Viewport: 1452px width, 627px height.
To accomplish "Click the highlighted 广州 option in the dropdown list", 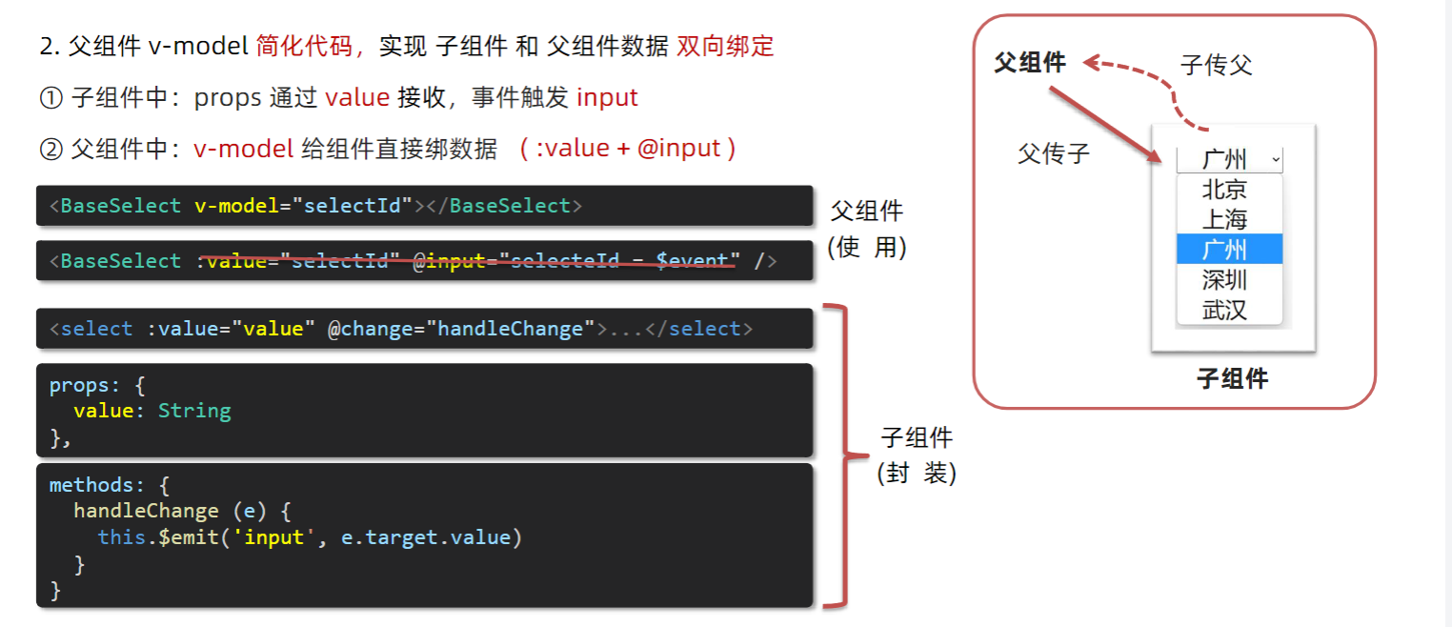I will (1229, 250).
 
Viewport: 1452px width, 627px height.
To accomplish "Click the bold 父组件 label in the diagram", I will (1030, 63).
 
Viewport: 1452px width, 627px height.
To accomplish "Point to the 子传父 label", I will (1216, 65).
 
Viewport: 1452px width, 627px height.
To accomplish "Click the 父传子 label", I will (1053, 153).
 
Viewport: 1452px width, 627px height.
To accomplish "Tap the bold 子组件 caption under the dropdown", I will (1232, 378).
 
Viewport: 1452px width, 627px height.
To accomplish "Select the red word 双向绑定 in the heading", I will (725, 46).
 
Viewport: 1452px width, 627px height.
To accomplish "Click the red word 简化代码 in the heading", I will (304, 46).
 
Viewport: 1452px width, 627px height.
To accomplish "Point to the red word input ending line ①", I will (607, 97).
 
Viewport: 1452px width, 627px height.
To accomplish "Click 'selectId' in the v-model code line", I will (352, 206).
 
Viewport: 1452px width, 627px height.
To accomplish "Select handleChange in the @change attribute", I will (510, 329).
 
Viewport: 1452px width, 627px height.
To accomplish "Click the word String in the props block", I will (194, 411).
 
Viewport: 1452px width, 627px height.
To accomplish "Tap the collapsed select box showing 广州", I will (1229, 159).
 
